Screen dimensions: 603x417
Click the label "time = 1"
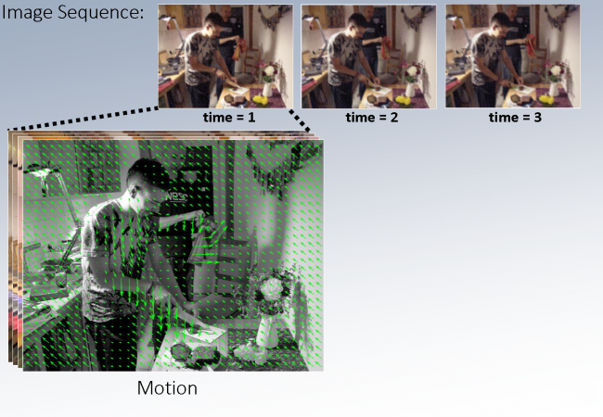click(x=229, y=117)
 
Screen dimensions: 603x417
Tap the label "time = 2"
click(x=372, y=117)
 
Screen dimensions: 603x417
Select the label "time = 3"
click(x=515, y=117)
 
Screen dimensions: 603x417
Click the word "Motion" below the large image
click(x=167, y=388)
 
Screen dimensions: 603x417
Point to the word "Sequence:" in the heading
click(x=101, y=13)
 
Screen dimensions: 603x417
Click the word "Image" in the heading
click(x=27, y=14)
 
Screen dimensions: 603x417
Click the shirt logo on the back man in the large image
click(x=176, y=197)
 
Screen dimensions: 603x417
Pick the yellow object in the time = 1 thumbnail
click(x=261, y=100)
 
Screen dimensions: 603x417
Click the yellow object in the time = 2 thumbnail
click(x=404, y=100)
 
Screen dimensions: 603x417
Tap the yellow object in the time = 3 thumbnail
click(x=546, y=100)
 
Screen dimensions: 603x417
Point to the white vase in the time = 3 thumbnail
click(x=554, y=89)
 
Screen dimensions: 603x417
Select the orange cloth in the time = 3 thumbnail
click(x=532, y=44)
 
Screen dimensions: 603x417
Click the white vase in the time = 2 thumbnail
click(x=410, y=90)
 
